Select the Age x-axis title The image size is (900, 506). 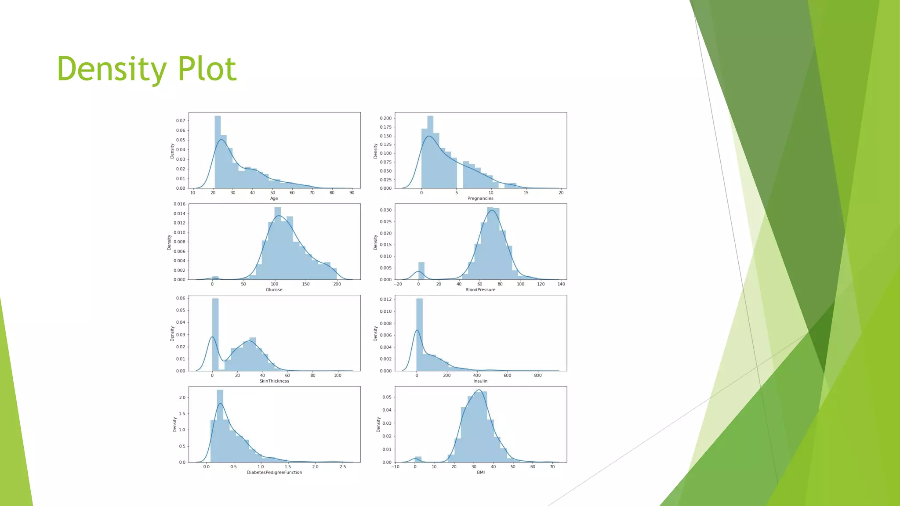coord(274,199)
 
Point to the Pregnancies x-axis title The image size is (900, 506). coord(480,199)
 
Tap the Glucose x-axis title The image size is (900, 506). coord(274,290)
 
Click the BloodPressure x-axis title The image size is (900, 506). coord(480,290)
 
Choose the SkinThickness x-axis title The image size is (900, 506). coord(274,381)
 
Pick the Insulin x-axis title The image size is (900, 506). coord(480,381)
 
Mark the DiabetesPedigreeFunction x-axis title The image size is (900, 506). coord(274,473)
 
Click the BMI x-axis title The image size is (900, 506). coord(481,473)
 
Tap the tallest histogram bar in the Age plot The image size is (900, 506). coord(218,152)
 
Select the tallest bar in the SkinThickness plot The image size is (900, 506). coord(215,334)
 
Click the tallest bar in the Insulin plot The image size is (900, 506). coord(419,334)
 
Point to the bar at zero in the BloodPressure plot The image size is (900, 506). coord(421,271)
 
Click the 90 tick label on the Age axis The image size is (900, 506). coord(352,193)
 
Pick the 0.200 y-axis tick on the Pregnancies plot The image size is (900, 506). coord(385,118)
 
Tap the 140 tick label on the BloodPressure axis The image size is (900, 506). coord(561,284)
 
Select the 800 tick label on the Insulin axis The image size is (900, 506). coord(538,376)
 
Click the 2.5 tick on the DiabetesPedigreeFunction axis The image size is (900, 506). coord(343,467)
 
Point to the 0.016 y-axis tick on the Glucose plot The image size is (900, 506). coord(179,204)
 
